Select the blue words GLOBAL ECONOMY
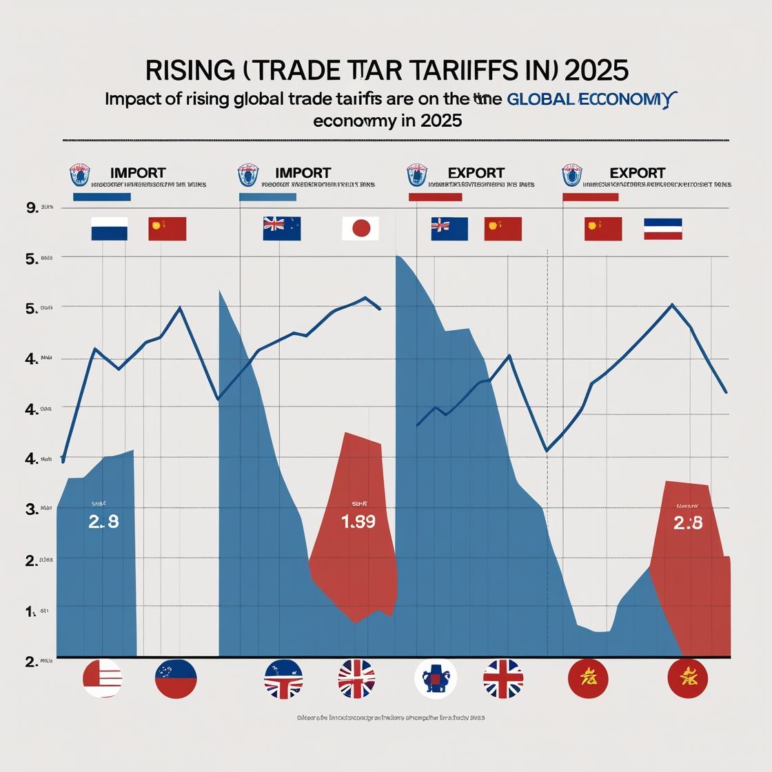click(588, 99)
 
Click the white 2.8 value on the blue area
click(103, 522)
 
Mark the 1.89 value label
click(358, 522)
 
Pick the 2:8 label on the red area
click(687, 523)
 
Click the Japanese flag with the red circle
click(360, 229)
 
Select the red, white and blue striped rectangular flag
click(662, 229)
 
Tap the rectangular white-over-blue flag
click(110, 229)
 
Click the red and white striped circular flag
click(103, 678)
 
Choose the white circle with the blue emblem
click(436, 679)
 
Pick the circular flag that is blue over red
click(176, 678)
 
